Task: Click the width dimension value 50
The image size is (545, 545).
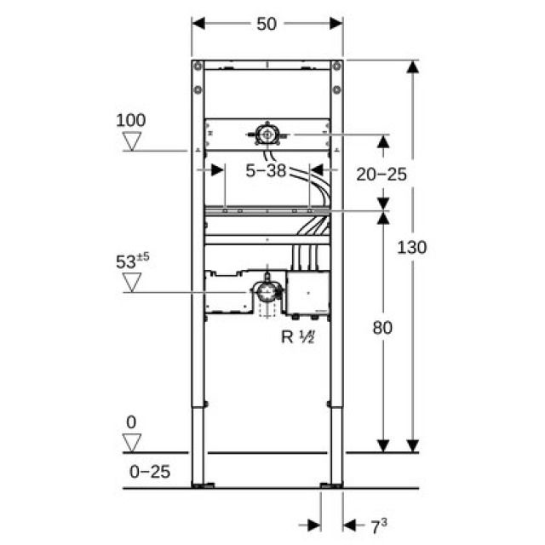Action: pos(267,25)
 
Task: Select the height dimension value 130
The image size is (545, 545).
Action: pos(412,247)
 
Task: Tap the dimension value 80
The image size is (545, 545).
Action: pos(382,328)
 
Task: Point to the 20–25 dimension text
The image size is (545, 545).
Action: pos(381,174)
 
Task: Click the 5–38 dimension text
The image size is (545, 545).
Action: pos(266,171)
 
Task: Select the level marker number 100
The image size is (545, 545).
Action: pos(130,119)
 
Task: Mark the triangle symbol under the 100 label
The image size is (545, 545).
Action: pos(131,141)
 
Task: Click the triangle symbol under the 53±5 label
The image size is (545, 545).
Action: pos(131,282)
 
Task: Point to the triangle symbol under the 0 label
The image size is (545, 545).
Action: pos(131,442)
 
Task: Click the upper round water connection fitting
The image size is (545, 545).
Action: pos(267,134)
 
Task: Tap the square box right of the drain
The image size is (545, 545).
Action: pos(307,292)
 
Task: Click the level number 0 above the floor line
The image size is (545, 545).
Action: pos(130,422)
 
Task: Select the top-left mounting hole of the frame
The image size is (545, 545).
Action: pos(198,66)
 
